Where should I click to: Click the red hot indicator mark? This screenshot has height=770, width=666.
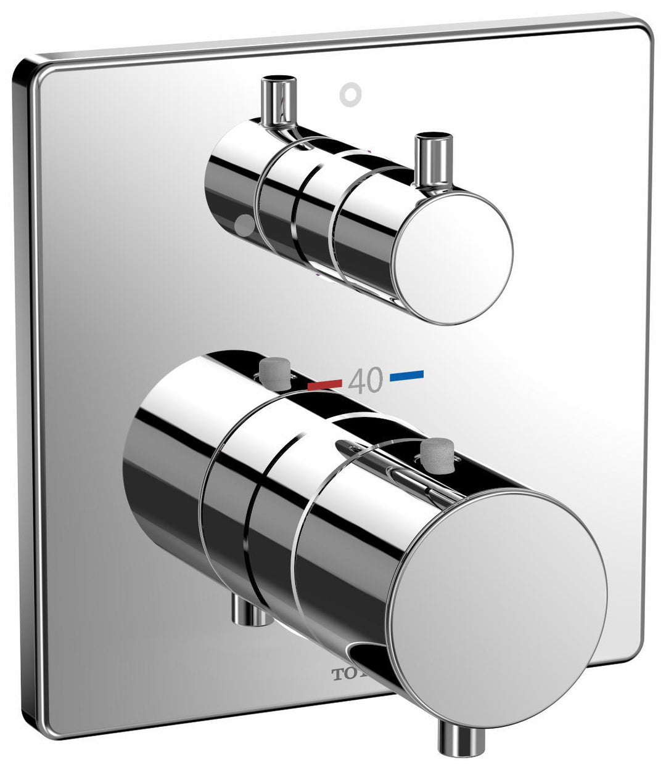tap(324, 384)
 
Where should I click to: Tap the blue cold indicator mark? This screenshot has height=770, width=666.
tap(407, 373)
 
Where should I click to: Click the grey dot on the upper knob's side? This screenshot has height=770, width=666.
tap(245, 226)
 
